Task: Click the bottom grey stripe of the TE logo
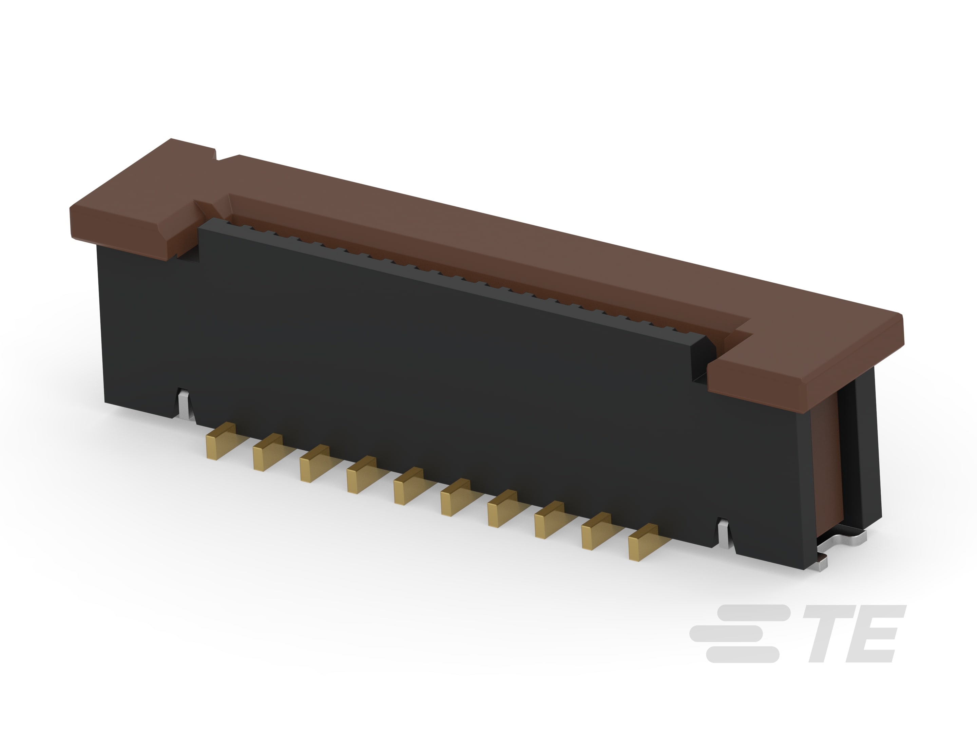(742, 654)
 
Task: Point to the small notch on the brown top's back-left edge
(216, 155)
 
